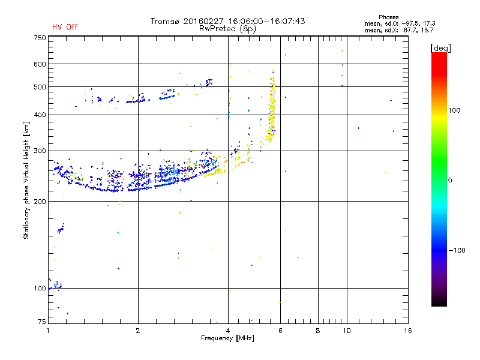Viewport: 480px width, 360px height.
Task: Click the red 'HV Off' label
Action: [64, 27]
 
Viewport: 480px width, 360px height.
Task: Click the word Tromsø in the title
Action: [164, 21]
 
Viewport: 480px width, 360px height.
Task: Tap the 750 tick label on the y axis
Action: [40, 38]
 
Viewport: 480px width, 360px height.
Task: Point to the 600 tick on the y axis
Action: [40, 64]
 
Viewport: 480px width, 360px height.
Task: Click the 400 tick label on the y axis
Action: [40, 115]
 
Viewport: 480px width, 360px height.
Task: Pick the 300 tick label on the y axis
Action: [40, 151]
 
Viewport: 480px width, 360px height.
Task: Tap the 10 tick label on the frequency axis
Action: [346, 331]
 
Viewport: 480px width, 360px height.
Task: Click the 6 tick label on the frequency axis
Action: [280, 331]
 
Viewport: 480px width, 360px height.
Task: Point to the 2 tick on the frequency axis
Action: [138, 331]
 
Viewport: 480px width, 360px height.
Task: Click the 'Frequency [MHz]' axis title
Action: [227, 338]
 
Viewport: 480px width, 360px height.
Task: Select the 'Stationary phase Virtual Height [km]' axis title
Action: [26, 180]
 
